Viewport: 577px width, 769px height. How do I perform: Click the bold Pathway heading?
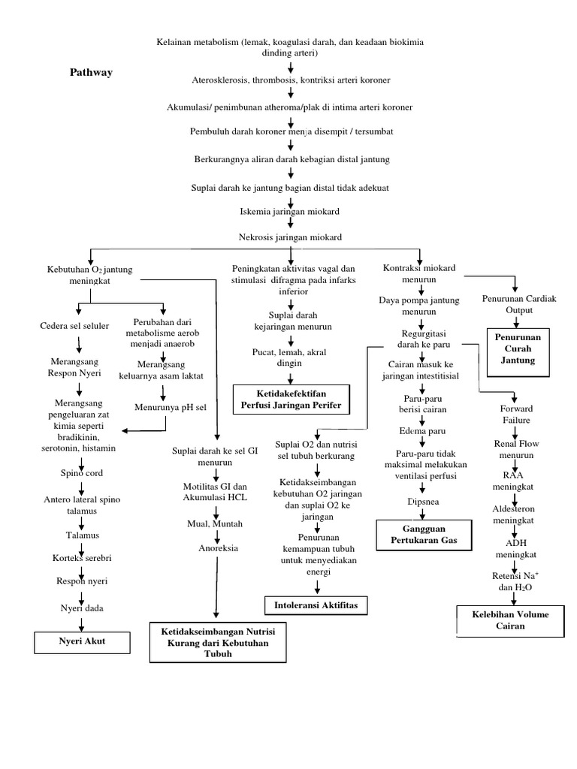click(91, 72)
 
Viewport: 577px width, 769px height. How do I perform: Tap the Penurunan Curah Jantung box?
click(518, 349)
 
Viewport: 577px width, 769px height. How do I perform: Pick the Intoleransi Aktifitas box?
click(311, 604)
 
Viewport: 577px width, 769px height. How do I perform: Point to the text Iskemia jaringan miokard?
click(290, 212)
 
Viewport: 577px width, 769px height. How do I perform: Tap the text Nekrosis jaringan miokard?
click(290, 237)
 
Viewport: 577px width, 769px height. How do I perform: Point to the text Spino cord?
click(82, 473)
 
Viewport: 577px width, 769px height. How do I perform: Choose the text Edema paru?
click(423, 431)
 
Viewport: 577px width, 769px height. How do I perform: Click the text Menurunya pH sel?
click(165, 408)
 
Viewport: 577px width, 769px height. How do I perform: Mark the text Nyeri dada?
click(80, 608)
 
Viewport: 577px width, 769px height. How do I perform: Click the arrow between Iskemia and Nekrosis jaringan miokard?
click(290, 225)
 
